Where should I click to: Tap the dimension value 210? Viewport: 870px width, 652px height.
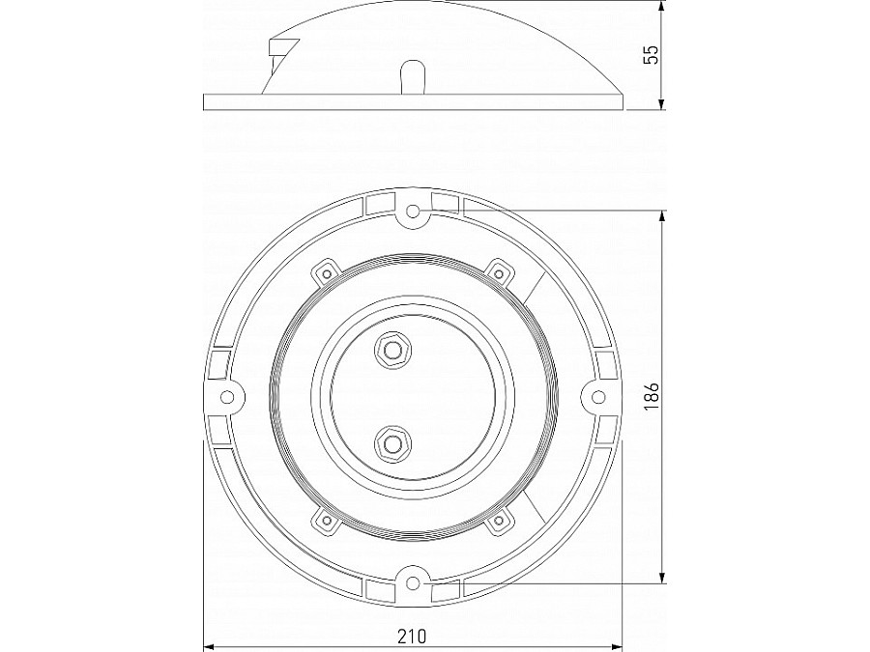click(x=413, y=637)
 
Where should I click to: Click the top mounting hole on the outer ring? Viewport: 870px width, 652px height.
click(x=413, y=211)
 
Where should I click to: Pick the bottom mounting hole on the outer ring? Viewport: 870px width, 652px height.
click(x=413, y=582)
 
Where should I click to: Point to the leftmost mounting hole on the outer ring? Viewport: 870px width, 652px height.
click(x=228, y=397)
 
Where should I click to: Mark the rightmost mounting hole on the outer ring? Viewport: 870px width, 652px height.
click(x=597, y=397)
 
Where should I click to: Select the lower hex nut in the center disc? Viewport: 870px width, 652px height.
click(x=391, y=444)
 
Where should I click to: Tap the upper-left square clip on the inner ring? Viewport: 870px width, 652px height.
click(x=325, y=272)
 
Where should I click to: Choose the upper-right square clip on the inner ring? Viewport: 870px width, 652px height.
click(x=499, y=271)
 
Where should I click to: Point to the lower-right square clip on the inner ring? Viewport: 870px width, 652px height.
click(x=499, y=522)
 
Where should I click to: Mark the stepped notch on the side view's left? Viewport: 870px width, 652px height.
click(x=281, y=48)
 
